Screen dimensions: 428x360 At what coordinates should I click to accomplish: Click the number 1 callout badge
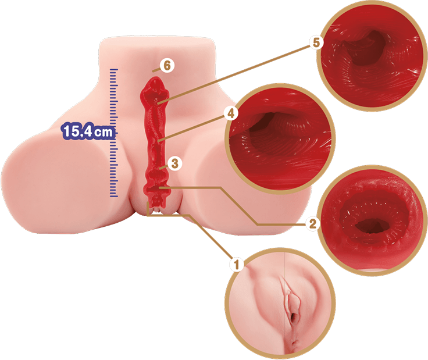(x=236, y=264)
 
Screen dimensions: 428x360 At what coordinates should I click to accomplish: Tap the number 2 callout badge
(x=312, y=223)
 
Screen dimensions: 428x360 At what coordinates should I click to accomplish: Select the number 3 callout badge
(x=174, y=163)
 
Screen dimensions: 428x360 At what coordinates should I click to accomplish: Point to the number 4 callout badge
(x=231, y=113)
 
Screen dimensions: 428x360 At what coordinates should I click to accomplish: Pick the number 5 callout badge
(x=316, y=42)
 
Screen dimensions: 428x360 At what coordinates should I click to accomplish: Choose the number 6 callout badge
(x=167, y=66)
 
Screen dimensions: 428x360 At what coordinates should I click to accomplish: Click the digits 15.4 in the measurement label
(x=77, y=131)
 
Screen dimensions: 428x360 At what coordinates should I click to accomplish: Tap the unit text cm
(x=103, y=132)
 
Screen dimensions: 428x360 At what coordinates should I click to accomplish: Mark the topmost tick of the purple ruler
(x=114, y=69)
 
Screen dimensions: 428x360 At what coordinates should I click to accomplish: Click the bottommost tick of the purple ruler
(x=114, y=196)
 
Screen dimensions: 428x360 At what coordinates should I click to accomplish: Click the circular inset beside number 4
(x=280, y=138)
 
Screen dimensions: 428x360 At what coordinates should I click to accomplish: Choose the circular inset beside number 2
(x=372, y=220)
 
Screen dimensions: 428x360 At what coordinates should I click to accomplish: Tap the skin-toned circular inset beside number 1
(x=280, y=303)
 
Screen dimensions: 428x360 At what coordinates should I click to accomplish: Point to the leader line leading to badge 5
(x=234, y=74)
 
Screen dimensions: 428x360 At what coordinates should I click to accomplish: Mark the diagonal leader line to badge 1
(x=210, y=237)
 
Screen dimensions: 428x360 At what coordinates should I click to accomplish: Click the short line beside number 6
(x=156, y=70)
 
